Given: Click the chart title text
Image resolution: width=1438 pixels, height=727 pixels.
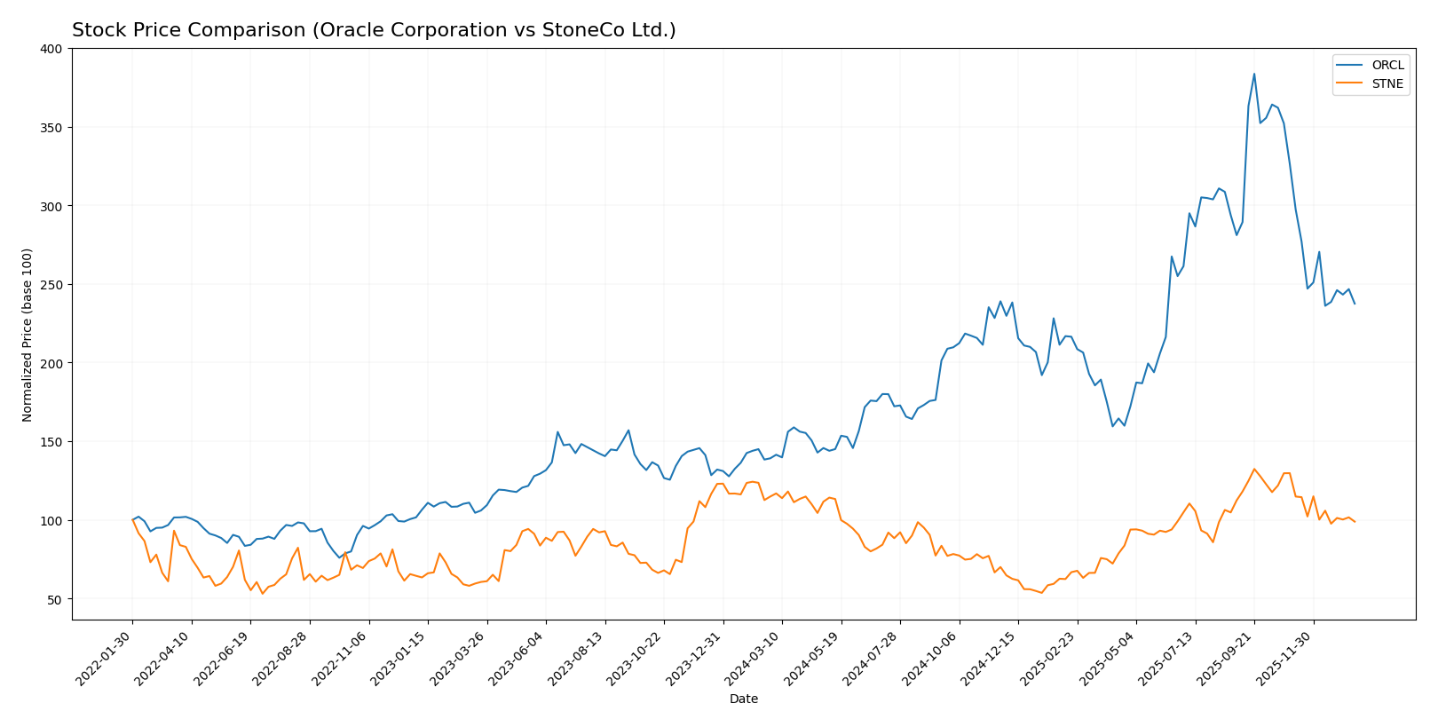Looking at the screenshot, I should pyautogui.click(x=374, y=30).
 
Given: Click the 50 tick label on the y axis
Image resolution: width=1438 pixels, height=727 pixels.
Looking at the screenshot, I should pyautogui.click(x=55, y=599).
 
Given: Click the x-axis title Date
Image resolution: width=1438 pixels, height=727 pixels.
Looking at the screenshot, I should pyautogui.click(x=743, y=699).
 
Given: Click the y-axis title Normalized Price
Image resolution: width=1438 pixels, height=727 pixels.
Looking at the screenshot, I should pyautogui.click(x=28, y=335).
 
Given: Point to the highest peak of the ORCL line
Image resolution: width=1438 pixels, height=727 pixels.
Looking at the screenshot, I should pyautogui.click(x=1254, y=74).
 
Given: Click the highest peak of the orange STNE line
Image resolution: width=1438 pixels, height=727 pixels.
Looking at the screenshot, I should pyautogui.click(x=1254, y=469).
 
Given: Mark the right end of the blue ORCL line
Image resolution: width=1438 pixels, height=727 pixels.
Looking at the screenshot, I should pyautogui.click(x=1355, y=304).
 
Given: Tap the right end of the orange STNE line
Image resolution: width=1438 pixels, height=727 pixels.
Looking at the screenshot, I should pyautogui.click(x=1355, y=522).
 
